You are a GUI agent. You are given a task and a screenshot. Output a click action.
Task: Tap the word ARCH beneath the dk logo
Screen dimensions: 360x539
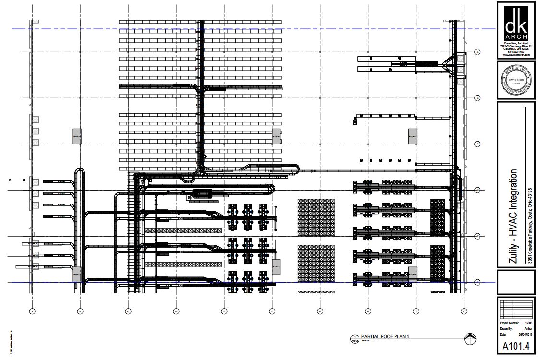pos(516,37)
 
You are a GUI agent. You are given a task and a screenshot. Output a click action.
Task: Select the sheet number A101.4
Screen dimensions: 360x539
pos(516,347)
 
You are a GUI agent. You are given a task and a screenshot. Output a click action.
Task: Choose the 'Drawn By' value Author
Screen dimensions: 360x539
pos(528,329)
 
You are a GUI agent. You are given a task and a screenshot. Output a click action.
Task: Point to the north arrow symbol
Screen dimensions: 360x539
pos(470,338)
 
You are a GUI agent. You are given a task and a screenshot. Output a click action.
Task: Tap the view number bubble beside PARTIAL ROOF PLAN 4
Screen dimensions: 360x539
pos(355,338)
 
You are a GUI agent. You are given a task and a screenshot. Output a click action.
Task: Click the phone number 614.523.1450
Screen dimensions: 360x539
pos(516,52)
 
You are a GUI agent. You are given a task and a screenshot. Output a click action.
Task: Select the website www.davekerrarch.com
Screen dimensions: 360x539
pos(516,55)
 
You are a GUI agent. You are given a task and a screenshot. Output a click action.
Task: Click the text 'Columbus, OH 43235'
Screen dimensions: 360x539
pos(516,49)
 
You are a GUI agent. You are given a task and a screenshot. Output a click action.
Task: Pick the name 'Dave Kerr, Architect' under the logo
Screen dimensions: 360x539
pos(516,43)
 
